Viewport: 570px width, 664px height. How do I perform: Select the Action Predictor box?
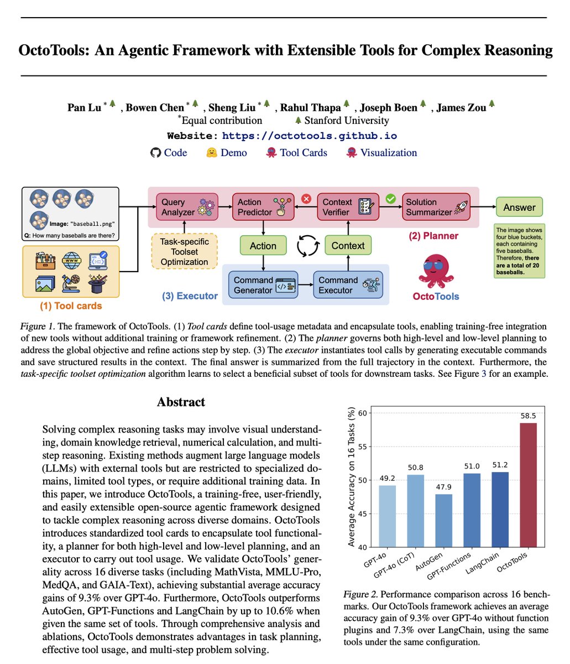[x=262, y=207]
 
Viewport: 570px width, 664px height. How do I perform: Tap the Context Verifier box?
[x=347, y=207]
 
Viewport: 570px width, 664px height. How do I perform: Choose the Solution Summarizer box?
[x=435, y=207]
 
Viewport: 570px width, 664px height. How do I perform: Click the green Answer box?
[x=519, y=207]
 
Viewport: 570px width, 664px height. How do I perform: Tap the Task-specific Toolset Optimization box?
[x=185, y=252]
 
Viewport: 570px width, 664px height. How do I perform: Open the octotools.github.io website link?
[x=309, y=136]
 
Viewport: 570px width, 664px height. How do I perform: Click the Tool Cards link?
[x=303, y=153]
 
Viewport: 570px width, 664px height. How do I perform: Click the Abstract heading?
[x=181, y=402]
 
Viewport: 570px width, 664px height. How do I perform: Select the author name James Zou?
[x=461, y=107]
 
